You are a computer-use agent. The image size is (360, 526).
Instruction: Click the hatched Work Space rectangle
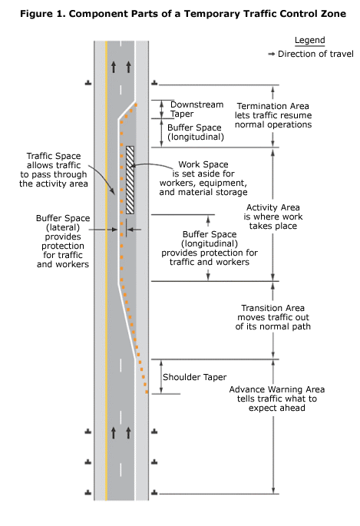tap(130, 180)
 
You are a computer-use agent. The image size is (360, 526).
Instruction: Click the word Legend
tap(310, 41)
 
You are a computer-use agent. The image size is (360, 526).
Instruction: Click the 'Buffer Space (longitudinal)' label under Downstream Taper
tap(196, 132)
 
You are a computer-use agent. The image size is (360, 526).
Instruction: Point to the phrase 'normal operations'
tap(272, 124)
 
